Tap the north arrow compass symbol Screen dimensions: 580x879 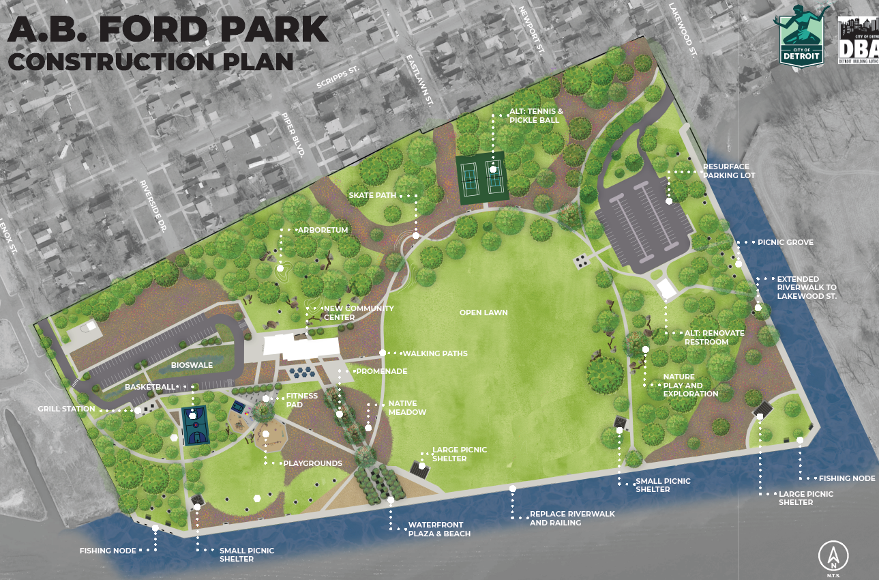(x=833, y=556)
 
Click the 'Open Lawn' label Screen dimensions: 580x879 (x=483, y=313)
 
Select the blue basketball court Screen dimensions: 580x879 (x=195, y=426)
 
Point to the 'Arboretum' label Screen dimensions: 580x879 (x=323, y=230)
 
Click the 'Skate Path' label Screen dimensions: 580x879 (x=372, y=195)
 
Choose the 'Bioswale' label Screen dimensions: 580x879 (x=192, y=365)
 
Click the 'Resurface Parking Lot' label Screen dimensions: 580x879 (x=729, y=171)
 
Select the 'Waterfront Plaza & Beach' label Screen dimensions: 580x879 (x=439, y=530)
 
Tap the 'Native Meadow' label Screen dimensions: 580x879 (x=407, y=408)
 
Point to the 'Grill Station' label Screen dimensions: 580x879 (x=66, y=409)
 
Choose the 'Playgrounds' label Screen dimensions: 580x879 (x=313, y=463)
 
